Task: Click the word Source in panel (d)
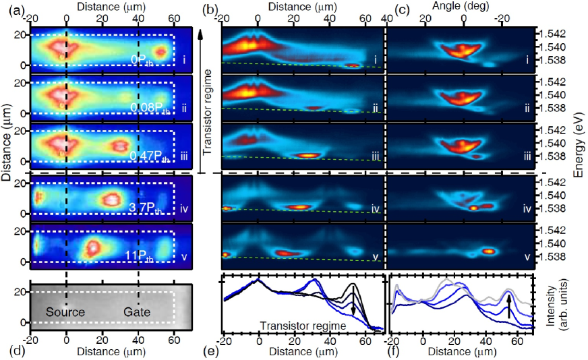coord(66,313)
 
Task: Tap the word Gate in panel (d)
coord(137,313)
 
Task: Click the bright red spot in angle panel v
coord(489,251)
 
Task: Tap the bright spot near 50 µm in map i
coord(160,51)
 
